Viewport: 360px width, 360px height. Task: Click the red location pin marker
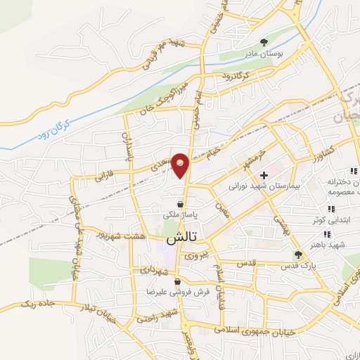(181, 166)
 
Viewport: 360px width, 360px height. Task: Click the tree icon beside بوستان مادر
(264, 42)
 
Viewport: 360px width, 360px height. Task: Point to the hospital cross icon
(264, 175)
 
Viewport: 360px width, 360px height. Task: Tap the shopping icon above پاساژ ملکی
(181, 204)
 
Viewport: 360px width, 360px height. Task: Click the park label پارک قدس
(295, 266)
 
